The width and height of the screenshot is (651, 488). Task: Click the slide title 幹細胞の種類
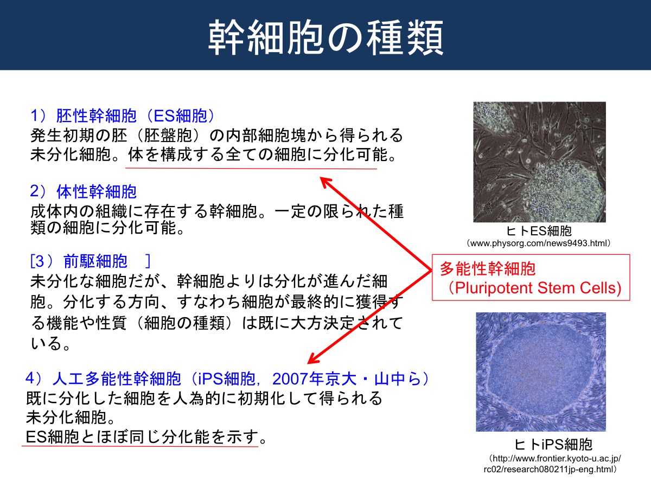click(325, 37)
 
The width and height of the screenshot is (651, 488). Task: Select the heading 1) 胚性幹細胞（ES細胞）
click(122, 115)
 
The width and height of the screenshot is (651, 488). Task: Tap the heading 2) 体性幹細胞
click(84, 191)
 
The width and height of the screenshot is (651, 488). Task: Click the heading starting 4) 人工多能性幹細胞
click(227, 378)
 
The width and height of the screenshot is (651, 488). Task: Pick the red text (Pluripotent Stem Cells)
click(534, 288)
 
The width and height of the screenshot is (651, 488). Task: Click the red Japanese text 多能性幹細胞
click(488, 269)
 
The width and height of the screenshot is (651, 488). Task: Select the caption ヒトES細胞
click(539, 231)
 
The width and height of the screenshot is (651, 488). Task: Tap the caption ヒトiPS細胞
click(553, 444)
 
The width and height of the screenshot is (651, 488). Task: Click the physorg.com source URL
click(538, 243)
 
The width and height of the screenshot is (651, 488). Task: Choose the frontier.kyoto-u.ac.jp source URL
click(552, 464)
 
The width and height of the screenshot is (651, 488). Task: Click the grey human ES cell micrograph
click(539, 162)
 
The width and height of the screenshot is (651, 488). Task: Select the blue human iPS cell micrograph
click(541, 371)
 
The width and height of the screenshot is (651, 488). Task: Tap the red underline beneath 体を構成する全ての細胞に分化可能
click(251, 169)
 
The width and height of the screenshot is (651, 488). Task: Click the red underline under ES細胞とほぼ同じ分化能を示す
click(140, 446)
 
